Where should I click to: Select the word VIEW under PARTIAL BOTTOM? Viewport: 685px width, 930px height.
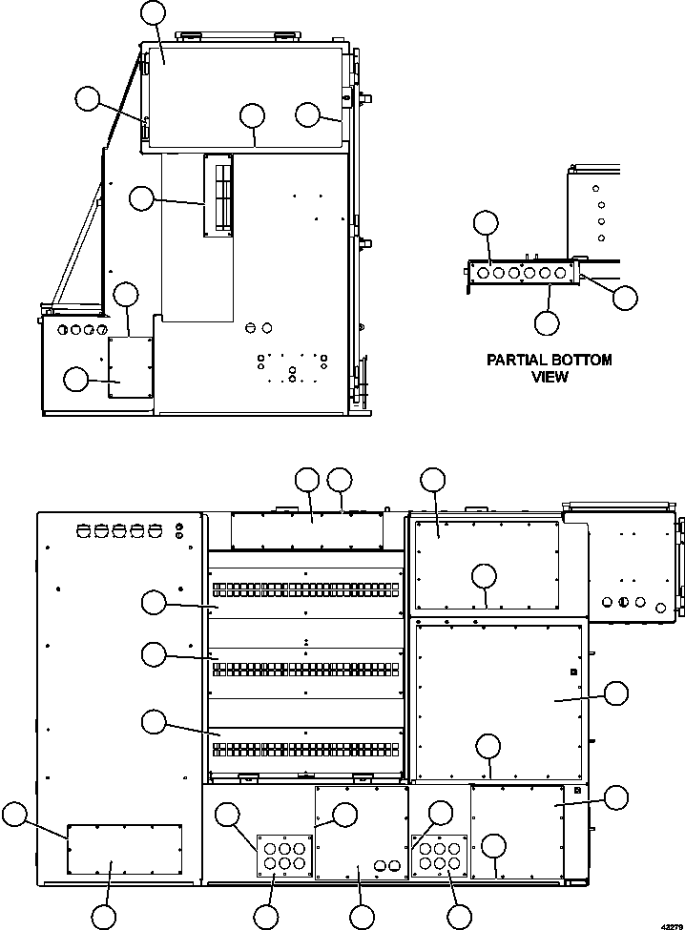550,377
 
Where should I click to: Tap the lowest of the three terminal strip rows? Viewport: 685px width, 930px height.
305,749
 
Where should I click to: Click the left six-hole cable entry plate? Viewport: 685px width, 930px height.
283,854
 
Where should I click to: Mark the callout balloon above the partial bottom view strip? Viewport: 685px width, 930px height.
486,222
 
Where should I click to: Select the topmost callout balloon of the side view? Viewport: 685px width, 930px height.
153,12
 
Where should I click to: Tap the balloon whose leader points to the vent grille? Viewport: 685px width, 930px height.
141,197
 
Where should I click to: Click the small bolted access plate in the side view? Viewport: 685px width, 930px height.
130,367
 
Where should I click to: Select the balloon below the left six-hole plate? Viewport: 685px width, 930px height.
266,916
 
